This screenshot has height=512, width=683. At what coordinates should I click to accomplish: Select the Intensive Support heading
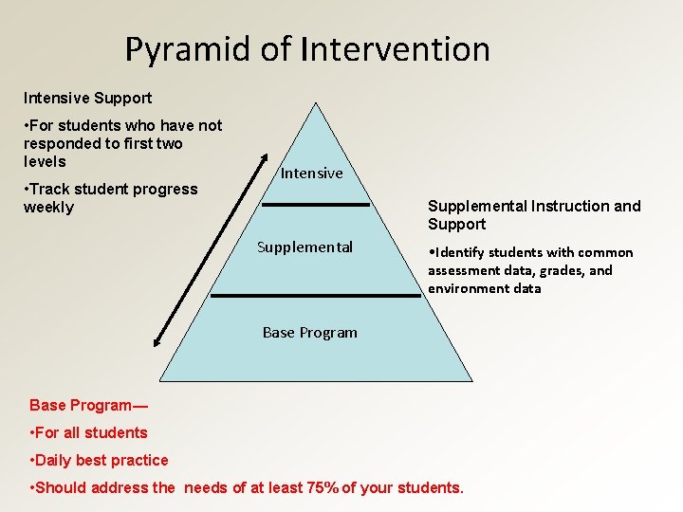tap(87, 98)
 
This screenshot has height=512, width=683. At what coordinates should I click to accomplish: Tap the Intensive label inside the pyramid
tap(311, 173)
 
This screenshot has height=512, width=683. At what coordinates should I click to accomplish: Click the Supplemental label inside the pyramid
tap(305, 247)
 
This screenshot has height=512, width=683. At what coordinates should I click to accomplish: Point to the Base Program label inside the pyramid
tap(309, 332)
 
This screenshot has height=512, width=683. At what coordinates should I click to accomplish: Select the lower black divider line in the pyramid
tap(314, 296)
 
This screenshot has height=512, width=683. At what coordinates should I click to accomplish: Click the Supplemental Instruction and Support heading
tap(534, 214)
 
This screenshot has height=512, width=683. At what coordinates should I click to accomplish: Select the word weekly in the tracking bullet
tap(48, 208)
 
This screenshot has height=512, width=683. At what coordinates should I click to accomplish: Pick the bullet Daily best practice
tap(100, 460)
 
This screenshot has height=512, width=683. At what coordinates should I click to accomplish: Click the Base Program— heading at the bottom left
tap(88, 405)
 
